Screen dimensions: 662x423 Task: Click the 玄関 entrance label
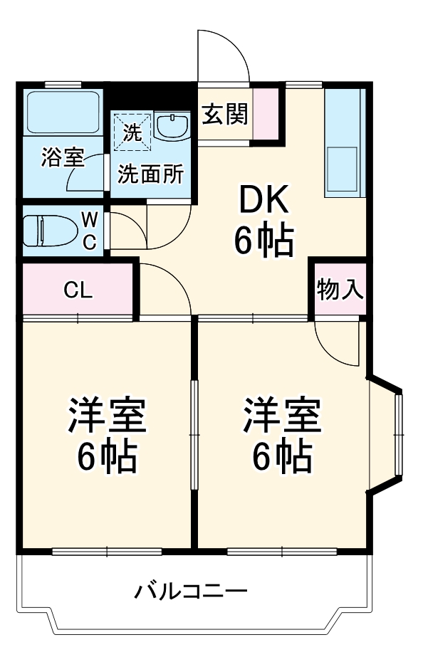coord(224,114)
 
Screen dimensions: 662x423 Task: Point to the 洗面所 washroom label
coord(150,174)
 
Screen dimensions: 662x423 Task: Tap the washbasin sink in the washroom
coord(171,127)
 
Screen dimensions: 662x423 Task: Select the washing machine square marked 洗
coord(132,131)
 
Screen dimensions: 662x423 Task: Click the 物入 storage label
coord(340,289)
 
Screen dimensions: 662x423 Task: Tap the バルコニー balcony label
coord(191,591)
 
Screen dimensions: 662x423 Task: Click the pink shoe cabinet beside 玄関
coord(266,114)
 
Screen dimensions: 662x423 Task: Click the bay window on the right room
coord(399,434)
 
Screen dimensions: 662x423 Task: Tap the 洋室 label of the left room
coord(107,416)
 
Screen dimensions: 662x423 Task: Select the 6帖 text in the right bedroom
coord(282,456)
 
